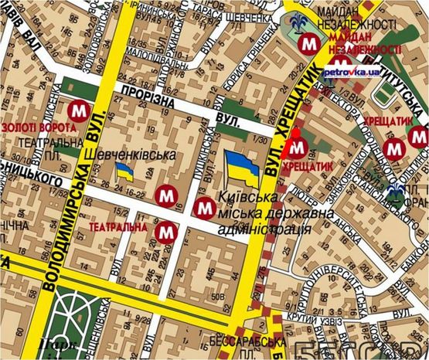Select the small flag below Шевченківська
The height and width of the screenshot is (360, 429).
(124, 172)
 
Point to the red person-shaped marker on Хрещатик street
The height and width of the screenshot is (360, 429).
(295, 142)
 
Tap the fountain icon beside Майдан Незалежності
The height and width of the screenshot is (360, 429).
(297, 27)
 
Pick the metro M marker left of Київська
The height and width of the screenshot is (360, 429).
(204, 207)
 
